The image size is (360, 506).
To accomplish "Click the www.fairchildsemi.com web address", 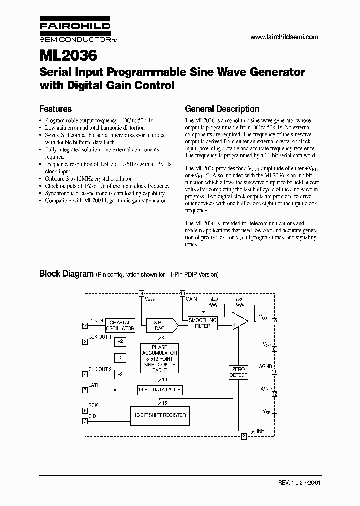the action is coord(284,37).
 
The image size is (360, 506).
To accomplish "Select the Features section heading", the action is coord(55,109).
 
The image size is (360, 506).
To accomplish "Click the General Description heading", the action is coord(222,109).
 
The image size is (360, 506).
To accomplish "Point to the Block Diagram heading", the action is coord(66,274).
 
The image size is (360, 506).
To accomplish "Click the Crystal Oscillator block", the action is coord(120,326).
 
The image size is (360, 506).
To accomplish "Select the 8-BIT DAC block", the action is coord(160,326).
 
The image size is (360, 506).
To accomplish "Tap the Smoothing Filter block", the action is coord(202,323).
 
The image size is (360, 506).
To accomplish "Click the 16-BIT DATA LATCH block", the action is coord(160,389).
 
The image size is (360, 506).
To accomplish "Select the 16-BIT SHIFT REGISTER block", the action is coord(160,415).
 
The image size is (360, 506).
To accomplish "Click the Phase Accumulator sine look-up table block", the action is coord(160,358).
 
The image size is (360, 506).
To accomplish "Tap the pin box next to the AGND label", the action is coord(274,371).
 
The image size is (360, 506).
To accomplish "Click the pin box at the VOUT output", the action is coord(274,321).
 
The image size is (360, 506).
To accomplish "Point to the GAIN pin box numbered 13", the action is coord(182,293).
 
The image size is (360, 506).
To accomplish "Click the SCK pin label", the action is coord(93,405).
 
